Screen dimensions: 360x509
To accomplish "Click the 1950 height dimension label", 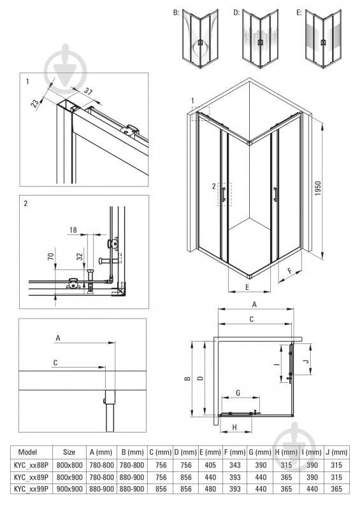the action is coord(318,188).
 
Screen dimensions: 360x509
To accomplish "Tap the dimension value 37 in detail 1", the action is coord(89,91).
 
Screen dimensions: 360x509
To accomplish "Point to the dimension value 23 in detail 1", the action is coord(35,103).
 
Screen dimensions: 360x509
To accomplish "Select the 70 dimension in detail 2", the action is coord(50,257).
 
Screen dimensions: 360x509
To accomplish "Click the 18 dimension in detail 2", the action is coord(73,230).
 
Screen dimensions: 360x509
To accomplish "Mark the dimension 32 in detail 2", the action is coord(80,257).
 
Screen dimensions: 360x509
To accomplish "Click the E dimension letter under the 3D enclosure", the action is coord(247,287).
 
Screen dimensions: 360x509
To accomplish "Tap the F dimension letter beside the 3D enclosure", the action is coord(290,271).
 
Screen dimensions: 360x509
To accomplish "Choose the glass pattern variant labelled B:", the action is coord(200,39).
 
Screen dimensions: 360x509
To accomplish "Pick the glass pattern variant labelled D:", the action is coord(260,39).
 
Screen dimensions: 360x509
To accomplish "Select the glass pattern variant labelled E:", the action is coord(323,39).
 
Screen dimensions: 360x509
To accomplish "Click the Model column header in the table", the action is coord(27,452).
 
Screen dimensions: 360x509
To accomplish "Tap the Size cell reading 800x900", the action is coord(69,477).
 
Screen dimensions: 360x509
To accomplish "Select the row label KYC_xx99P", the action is coord(31,489).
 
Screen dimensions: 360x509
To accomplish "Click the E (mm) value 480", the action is coord(210,489).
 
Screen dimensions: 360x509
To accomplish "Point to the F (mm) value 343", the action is coord(235,465).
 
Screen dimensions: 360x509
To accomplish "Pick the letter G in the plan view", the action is coord(238,393).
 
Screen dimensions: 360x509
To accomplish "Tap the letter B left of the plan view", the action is coord(187,378).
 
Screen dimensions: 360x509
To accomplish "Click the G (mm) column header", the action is coord(260,452).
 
